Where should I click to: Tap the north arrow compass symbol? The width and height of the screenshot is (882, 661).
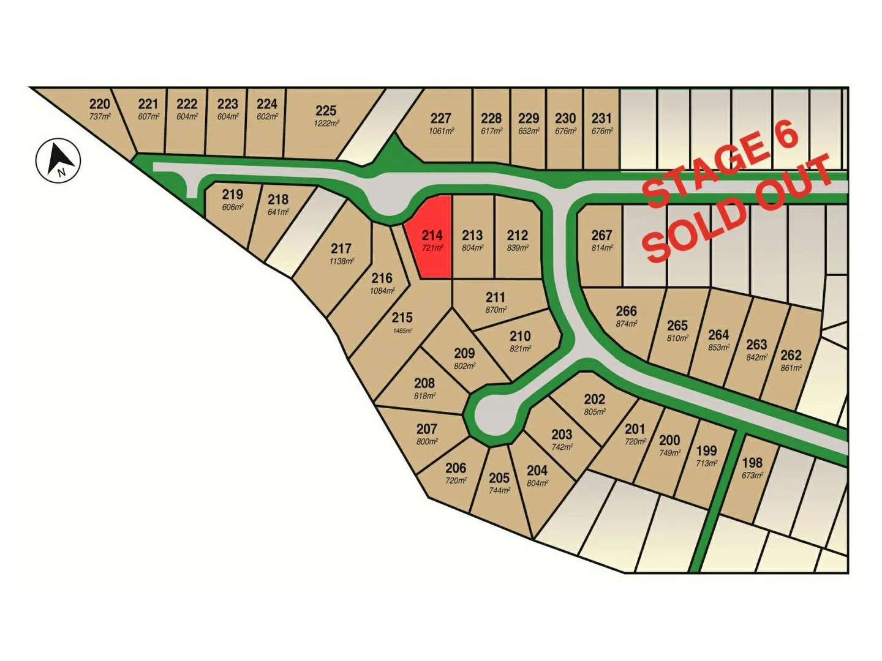coord(58,160)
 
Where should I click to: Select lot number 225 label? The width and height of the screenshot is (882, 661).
coord(326,110)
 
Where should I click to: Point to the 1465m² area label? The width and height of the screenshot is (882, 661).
coord(402,330)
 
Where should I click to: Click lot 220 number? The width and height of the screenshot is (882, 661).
coord(100,103)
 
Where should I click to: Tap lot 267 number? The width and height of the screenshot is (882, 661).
coord(601,235)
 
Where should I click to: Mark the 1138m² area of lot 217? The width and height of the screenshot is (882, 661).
coord(341,261)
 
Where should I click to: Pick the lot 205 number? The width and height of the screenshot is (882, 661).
coord(499,478)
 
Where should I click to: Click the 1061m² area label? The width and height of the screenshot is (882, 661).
coord(441,131)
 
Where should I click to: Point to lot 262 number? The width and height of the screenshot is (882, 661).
coord(791,355)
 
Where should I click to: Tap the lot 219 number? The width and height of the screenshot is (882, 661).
coord(232,194)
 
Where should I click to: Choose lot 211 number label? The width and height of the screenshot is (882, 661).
coord(496,297)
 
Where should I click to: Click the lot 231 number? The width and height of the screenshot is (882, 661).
coord(601,118)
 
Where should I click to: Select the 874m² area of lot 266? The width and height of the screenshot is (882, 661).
coord(626,324)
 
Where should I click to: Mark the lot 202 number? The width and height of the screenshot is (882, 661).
coord(594,399)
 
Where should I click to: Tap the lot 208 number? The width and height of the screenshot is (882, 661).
coord(424,383)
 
